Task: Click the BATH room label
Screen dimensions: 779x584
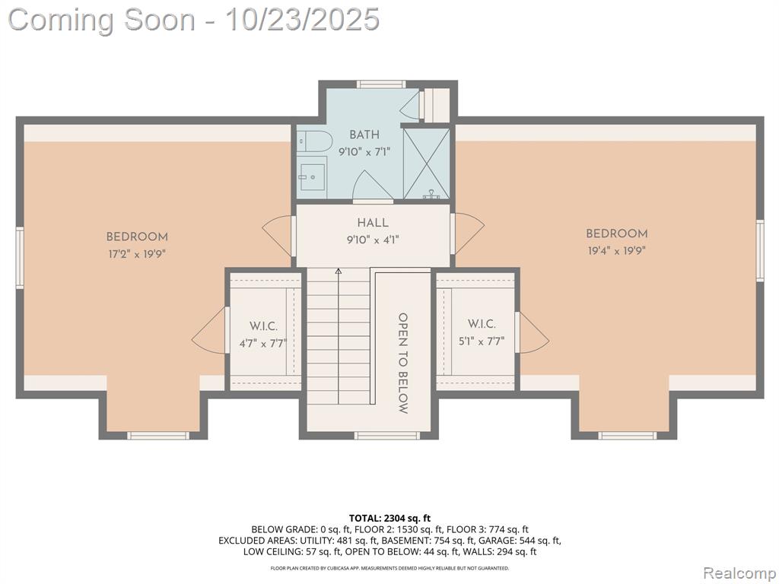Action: (x=364, y=135)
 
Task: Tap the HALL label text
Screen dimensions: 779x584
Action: (x=373, y=223)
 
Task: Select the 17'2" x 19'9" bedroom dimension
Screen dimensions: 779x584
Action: (x=137, y=254)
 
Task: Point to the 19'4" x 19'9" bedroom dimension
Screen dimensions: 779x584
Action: (x=616, y=251)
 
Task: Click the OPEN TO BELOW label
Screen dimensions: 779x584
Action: (x=403, y=363)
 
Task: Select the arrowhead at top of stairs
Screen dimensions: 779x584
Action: (x=339, y=271)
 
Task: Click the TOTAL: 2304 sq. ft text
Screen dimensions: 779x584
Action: (x=390, y=519)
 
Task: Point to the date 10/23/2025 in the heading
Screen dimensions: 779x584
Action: (x=303, y=20)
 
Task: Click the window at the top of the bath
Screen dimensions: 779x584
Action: (x=381, y=84)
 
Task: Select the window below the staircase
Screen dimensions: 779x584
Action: (x=387, y=436)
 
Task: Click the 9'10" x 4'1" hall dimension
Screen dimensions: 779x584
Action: (x=373, y=240)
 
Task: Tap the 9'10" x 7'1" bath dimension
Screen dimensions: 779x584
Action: (x=364, y=152)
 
